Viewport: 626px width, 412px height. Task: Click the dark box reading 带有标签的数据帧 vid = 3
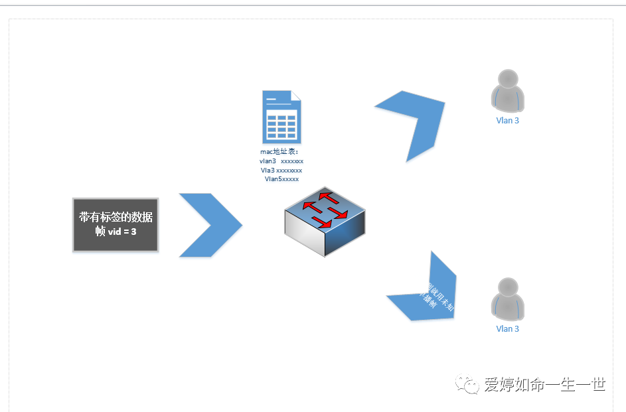point(116,224)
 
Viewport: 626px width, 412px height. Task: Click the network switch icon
point(325,222)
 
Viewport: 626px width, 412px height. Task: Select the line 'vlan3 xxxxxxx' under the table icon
point(281,161)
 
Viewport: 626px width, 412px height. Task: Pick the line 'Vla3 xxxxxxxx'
point(281,170)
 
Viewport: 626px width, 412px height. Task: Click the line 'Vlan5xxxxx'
point(281,179)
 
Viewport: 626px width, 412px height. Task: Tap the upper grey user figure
point(507,91)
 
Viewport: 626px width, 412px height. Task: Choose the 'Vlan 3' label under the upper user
point(508,121)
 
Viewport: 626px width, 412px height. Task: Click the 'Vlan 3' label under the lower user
point(508,328)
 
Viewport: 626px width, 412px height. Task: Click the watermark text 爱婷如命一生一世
point(544,384)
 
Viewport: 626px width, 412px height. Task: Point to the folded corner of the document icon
point(295,96)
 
